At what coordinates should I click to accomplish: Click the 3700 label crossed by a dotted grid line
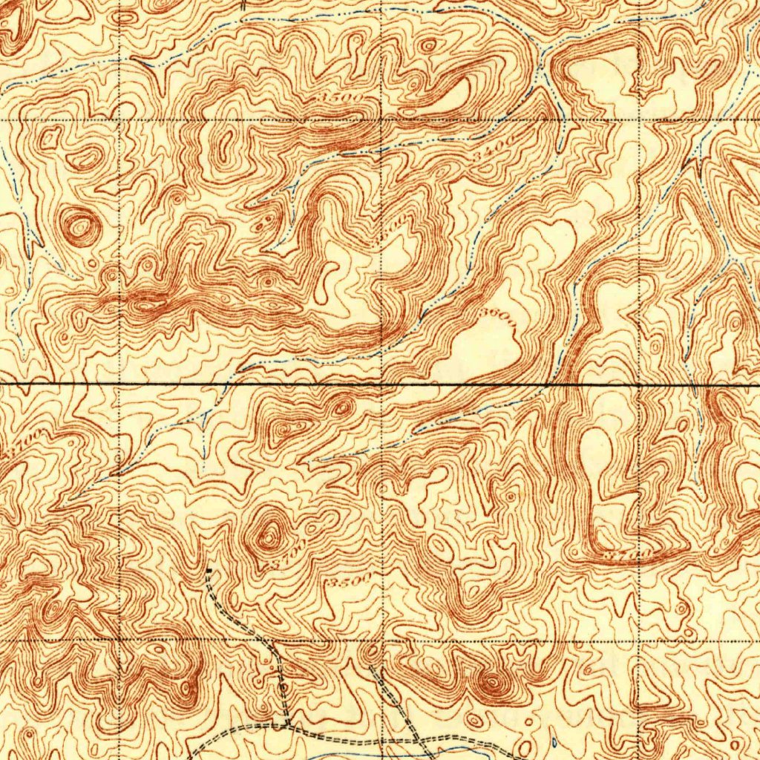click(627, 554)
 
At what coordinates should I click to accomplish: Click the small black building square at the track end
click(209, 571)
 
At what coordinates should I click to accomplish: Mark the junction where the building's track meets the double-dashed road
click(287, 724)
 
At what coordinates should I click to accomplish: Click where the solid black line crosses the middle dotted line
click(381, 384)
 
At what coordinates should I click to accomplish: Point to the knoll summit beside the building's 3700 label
click(267, 533)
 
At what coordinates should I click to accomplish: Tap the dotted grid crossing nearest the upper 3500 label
click(381, 119)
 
